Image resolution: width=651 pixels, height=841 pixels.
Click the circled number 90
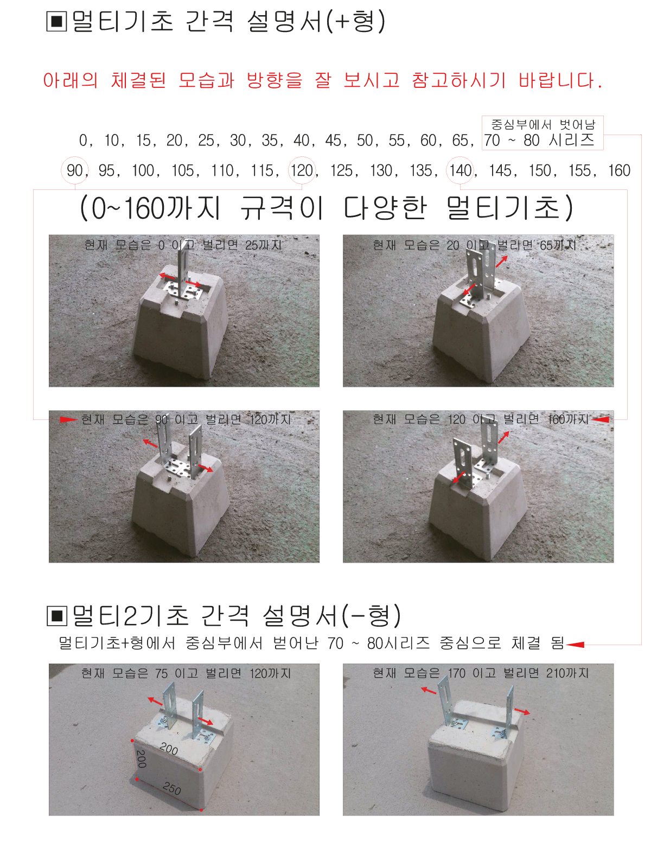click(x=75, y=170)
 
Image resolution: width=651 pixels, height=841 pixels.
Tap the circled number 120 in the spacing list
click(x=302, y=170)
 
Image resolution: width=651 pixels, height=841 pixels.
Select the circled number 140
click(x=460, y=170)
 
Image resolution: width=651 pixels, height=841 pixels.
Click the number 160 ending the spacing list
click(x=619, y=170)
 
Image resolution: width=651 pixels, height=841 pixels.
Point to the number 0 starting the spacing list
click(x=83, y=140)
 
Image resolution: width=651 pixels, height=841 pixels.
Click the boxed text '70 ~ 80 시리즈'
click(x=539, y=140)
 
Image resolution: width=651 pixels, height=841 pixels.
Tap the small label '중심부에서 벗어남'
click(x=543, y=124)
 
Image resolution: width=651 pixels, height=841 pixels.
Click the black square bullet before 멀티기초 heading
click(x=56, y=21)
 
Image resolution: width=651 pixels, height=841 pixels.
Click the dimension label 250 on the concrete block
click(x=172, y=788)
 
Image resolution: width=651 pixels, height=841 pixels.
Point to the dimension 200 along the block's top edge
click(x=169, y=749)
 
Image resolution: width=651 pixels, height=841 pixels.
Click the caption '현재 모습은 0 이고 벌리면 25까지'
click(x=183, y=245)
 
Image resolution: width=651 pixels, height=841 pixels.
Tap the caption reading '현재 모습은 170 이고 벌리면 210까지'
click(x=481, y=673)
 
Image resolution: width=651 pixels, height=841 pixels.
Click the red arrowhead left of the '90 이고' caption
click(x=69, y=419)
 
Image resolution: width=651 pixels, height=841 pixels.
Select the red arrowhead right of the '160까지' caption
click(x=600, y=419)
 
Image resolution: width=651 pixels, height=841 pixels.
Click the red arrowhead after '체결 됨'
click(x=575, y=645)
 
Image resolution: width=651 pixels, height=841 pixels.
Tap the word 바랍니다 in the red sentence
click(x=560, y=80)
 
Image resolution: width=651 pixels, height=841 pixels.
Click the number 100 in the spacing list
click(x=143, y=170)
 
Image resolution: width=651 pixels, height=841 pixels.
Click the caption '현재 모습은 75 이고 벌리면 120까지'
click(x=186, y=673)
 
